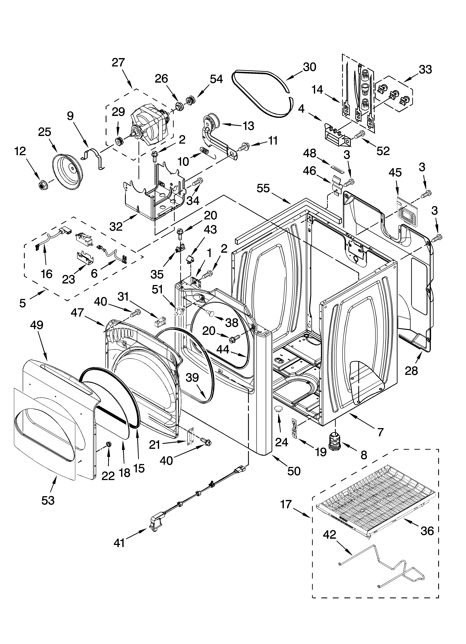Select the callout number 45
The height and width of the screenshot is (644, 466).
395,172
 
